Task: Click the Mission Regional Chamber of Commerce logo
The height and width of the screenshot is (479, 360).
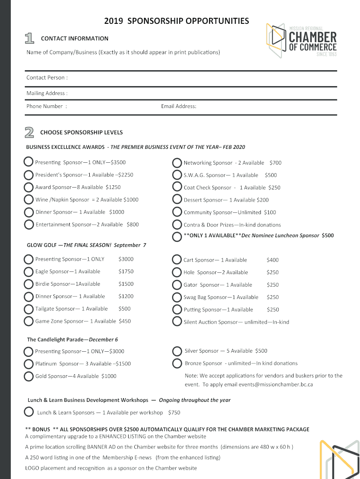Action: coord(302,41)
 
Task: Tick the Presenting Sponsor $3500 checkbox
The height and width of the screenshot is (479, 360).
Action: coord(29,162)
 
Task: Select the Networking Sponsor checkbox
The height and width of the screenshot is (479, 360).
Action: coord(177,163)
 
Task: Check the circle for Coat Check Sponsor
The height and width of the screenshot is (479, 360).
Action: coord(177,187)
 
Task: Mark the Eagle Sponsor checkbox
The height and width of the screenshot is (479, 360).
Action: coord(29,271)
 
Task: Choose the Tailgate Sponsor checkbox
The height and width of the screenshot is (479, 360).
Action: coord(29,309)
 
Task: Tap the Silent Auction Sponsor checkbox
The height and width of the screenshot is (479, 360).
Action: coord(177,321)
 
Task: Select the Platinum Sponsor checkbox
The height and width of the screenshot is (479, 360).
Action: coord(29,363)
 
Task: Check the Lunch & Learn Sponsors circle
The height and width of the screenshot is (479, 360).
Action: coord(29,412)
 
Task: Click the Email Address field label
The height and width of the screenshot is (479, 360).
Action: coord(179,106)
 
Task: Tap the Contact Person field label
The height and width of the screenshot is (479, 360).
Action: coord(47,78)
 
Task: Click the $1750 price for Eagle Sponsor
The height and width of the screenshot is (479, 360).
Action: coord(126,271)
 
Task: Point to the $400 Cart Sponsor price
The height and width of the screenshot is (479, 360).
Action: coord(273,260)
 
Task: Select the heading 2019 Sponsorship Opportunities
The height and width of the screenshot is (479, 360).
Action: coord(176,21)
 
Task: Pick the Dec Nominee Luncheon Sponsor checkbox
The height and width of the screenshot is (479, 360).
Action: coord(177,236)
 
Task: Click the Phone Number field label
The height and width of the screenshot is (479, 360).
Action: coord(46,106)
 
